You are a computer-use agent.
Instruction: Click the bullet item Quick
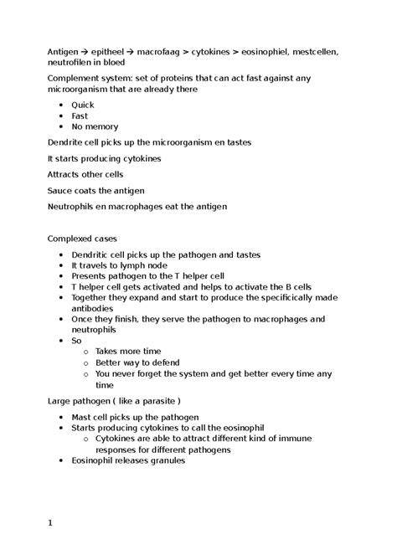83,105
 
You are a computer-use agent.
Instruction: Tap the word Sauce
61,190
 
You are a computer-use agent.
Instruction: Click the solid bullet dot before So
62,340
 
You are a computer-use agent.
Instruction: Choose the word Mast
82,417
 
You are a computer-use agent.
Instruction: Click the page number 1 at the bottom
50,523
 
